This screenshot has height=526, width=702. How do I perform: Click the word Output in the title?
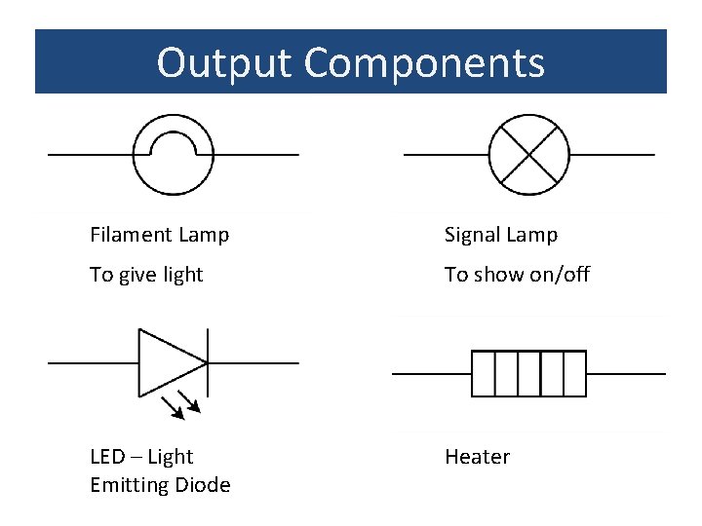[x=224, y=62]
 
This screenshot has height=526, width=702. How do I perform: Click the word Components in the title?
[x=424, y=62]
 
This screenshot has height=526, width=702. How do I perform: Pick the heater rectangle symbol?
[x=528, y=373]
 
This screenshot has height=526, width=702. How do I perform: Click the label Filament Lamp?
[x=160, y=235]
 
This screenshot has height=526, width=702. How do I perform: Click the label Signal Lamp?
[x=501, y=235]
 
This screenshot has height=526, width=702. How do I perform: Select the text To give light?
[x=146, y=275]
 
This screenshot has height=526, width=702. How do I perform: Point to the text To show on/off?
[x=517, y=275]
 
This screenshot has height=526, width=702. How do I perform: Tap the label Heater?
[x=477, y=457]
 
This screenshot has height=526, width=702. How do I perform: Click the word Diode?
[x=202, y=485]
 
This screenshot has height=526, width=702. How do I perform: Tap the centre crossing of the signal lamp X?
[x=528, y=154]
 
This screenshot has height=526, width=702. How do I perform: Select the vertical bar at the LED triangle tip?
[x=208, y=362]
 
